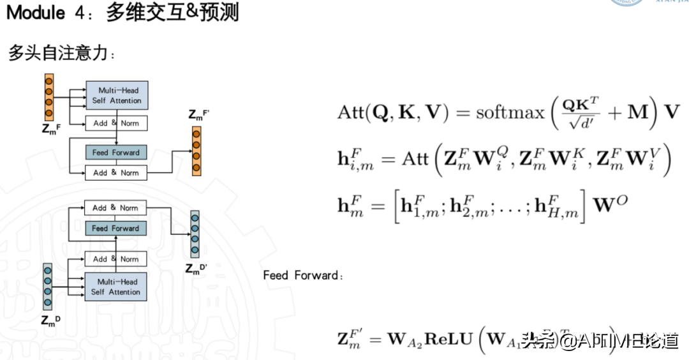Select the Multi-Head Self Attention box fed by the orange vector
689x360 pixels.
116,95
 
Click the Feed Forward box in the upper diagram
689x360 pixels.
116,153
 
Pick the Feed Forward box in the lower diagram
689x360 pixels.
115,228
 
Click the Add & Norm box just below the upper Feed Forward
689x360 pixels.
116,172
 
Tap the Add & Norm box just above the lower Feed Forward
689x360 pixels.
115,207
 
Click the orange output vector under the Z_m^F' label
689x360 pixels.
196,150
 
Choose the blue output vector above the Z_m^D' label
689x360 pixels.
195,233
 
